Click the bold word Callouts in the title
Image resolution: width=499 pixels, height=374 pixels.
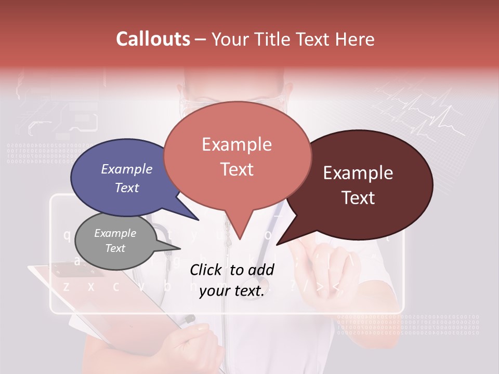tap(153, 39)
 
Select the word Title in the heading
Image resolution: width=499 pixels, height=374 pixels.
tap(274, 39)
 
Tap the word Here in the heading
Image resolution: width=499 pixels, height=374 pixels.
tap(356, 39)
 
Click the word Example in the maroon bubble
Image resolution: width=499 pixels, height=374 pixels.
tap(358, 173)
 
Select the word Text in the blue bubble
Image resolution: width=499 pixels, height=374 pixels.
tap(127, 188)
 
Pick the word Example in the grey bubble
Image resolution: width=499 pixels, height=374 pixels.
tap(115, 233)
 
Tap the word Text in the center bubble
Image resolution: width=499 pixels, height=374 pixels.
tap(237, 169)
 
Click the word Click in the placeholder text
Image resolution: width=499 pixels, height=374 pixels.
tap(207, 270)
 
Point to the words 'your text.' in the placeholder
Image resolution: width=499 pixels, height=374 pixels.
tap(232, 291)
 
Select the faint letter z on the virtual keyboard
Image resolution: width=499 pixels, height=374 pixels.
tap(66, 286)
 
